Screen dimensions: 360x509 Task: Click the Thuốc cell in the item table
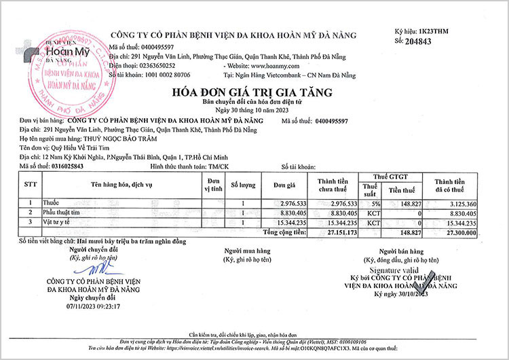[52, 203]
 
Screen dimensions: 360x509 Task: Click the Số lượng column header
[243, 185]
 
